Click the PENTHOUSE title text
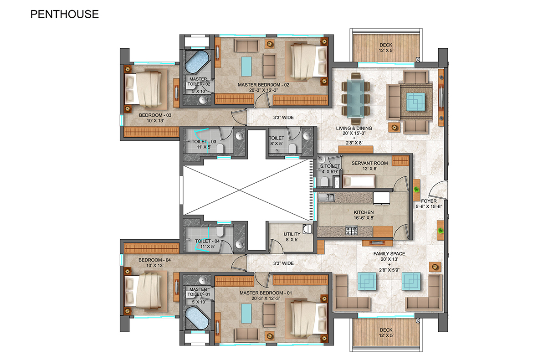tap(64, 14)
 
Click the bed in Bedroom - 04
tap(144, 292)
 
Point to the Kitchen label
tap(364, 213)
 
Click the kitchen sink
tap(326, 197)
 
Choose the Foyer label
tap(429, 201)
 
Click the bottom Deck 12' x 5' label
tap(385, 333)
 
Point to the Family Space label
tap(389, 254)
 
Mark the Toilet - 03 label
tap(196, 142)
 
